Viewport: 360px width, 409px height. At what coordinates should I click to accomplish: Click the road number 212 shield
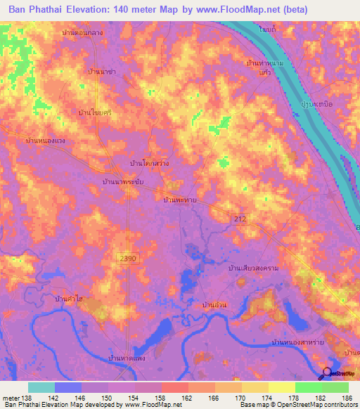pos(240,220)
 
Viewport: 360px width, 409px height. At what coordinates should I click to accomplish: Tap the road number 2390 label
pos(128,259)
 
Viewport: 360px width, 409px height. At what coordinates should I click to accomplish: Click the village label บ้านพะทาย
pos(179,200)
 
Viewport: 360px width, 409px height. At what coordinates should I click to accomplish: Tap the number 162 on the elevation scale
pos(186,398)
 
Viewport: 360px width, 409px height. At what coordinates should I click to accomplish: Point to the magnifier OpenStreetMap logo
pos(327,374)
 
